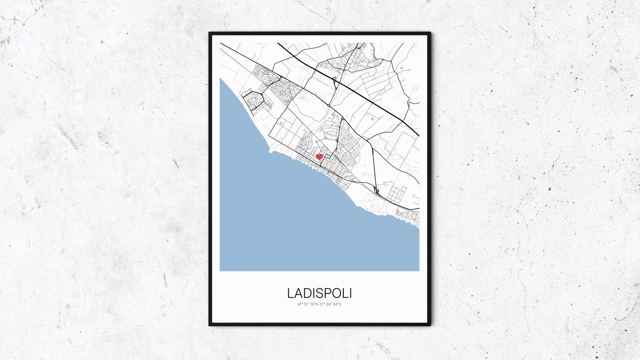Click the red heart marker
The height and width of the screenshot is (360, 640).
tap(319, 156)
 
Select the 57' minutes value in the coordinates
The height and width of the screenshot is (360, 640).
tap(307, 304)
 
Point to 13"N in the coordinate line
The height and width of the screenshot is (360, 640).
tap(314, 304)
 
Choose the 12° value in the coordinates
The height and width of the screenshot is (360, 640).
tap(322, 304)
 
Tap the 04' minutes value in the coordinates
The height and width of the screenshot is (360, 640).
tap(329, 304)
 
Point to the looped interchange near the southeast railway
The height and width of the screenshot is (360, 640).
tap(377, 191)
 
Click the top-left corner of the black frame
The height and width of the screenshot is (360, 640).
tap(210, 33)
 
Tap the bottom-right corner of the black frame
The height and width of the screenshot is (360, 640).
tap(430, 325)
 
